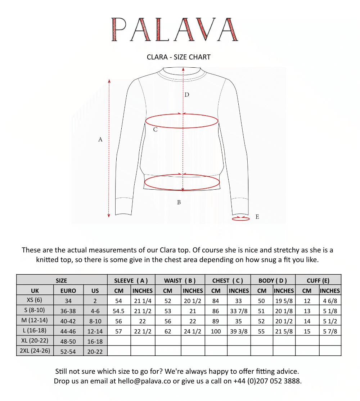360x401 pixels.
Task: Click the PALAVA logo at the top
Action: tap(175, 29)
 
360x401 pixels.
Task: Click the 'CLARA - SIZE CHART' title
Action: tap(179, 57)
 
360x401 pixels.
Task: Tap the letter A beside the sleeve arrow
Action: tap(100, 139)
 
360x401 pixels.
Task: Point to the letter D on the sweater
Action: tap(187, 95)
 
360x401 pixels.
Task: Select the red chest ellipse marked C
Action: tap(182, 121)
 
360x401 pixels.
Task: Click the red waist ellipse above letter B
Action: tap(182, 182)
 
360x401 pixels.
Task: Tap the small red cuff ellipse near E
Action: tap(241, 218)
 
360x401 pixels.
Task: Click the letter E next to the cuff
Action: tap(257, 217)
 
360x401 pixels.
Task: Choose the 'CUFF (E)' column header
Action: tap(318, 280)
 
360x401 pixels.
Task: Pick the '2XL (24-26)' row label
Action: tap(35, 351)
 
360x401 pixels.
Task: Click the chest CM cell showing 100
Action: tap(216, 331)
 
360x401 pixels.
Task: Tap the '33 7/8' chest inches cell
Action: tap(239, 311)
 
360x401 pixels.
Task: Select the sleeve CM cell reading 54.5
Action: tap(119, 311)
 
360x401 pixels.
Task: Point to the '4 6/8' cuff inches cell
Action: tap(330, 301)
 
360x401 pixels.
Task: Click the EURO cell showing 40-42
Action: tap(68, 321)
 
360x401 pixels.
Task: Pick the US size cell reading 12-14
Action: tap(95, 331)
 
